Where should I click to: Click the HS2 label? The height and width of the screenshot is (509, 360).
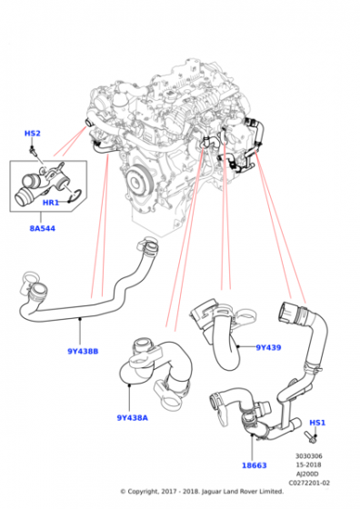(x=32, y=134)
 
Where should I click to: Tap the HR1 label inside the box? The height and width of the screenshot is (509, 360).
(x=51, y=203)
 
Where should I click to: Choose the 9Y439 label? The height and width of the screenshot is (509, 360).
(x=268, y=347)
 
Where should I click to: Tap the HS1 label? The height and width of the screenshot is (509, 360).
(x=317, y=423)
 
